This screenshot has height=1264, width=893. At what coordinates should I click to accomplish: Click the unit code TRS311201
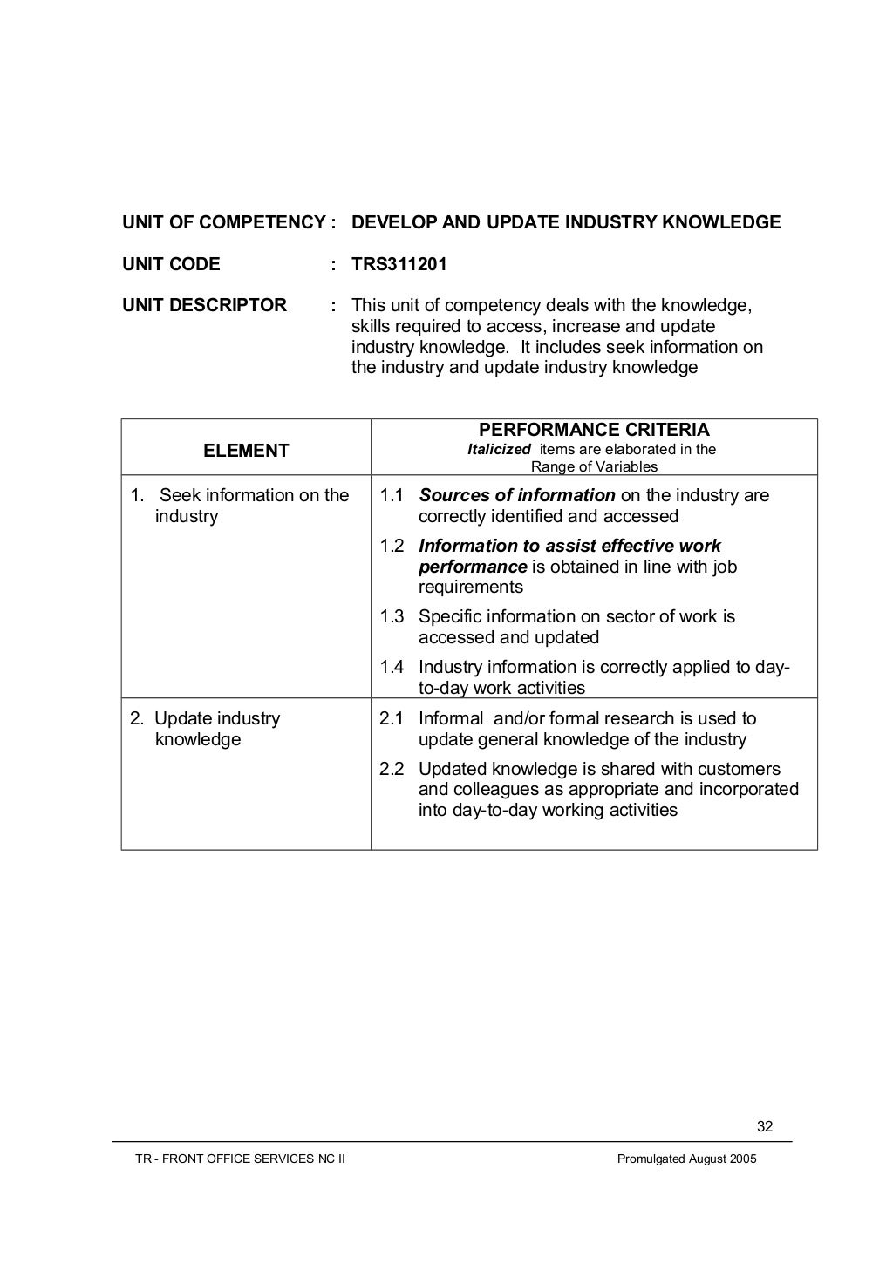pyautogui.click(x=399, y=264)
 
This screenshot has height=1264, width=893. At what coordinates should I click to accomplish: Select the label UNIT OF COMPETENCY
pyautogui.click(x=223, y=222)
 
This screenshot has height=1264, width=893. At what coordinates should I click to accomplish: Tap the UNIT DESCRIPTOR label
pyautogui.click(x=204, y=305)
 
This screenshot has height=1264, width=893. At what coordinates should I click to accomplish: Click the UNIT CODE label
pyautogui.click(x=171, y=264)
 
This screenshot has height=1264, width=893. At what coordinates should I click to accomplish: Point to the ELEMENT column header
pyautogui.click(x=246, y=451)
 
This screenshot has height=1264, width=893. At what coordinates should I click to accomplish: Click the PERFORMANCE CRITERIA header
pyautogui.click(x=594, y=430)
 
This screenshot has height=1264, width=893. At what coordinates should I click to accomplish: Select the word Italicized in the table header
pyautogui.click(x=499, y=450)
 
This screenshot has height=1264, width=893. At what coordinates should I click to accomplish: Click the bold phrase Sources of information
pyautogui.click(x=516, y=495)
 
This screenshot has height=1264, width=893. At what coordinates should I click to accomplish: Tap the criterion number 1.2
pyautogui.click(x=392, y=546)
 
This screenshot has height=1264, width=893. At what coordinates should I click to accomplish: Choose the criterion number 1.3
pyautogui.click(x=392, y=616)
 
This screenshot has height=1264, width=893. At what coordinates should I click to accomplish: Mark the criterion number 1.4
pyautogui.click(x=392, y=667)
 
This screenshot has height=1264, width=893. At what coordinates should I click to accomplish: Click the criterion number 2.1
pyautogui.click(x=392, y=718)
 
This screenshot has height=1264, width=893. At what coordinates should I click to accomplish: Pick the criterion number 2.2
pyautogui.click(x=392, y=769)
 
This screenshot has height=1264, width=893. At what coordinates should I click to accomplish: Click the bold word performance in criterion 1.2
pyautogui.click(x=472, y=567)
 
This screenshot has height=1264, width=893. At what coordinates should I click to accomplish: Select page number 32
pyautogui.click(x=764, y=1126)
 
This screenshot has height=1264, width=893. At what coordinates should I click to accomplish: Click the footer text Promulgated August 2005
pyautogui.click(x=686, y=1159)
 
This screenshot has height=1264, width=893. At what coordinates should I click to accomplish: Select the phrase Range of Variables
pyautogui.click(x=594, y=466)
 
